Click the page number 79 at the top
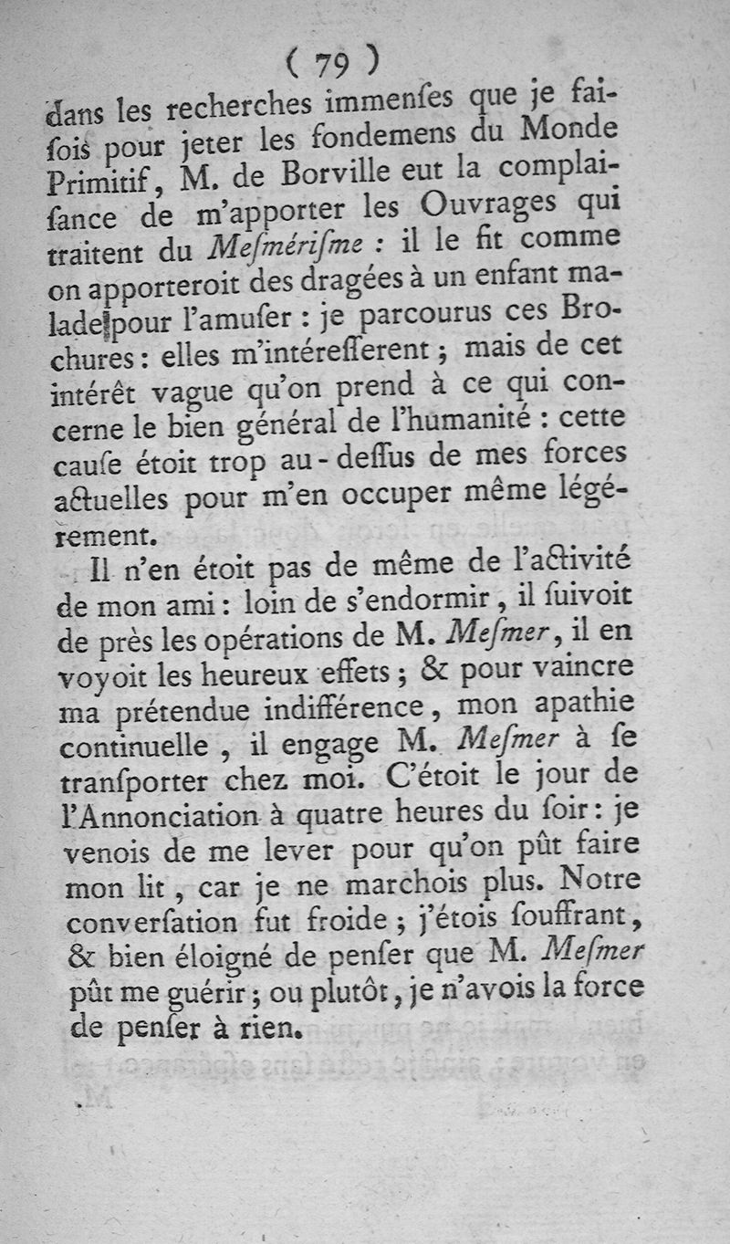331,63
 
